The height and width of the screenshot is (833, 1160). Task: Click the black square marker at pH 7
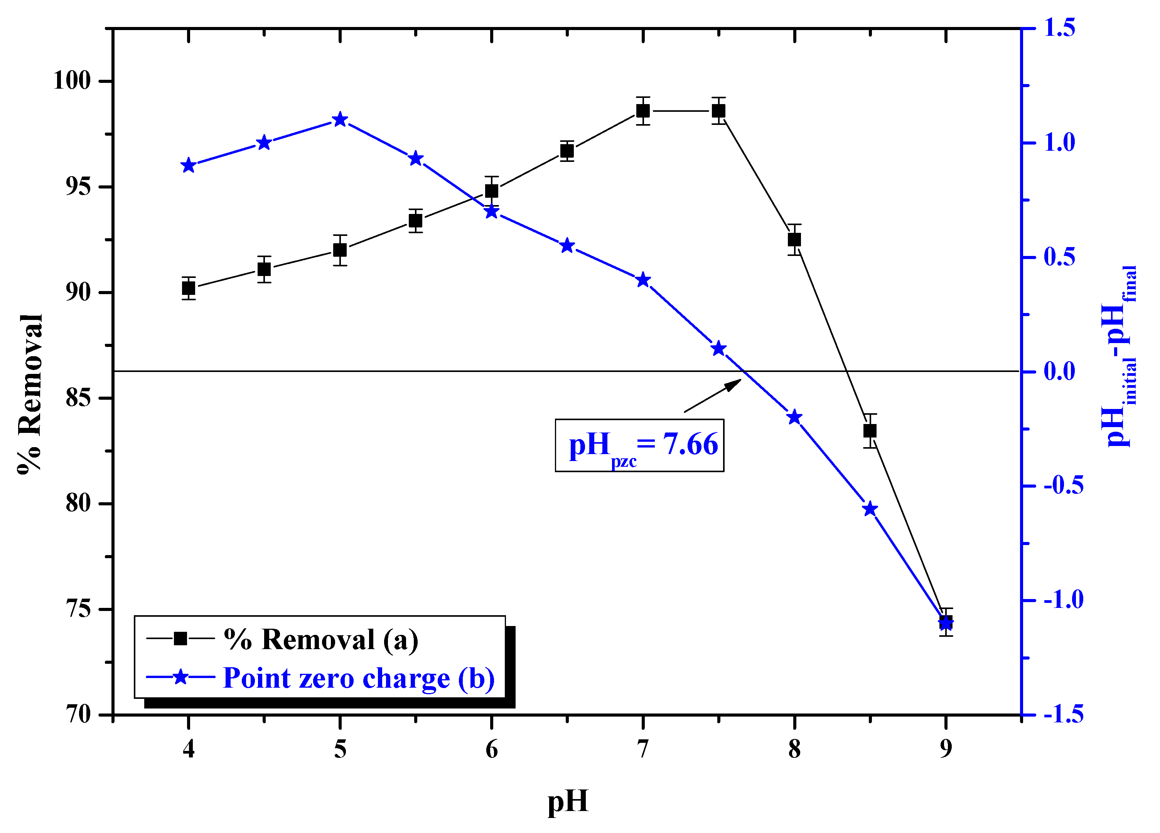point(643,111)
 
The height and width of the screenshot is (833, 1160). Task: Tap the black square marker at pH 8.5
point(870,431)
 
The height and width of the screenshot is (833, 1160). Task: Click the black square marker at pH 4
point(189,288)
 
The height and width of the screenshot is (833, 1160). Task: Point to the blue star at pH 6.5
point(567,246)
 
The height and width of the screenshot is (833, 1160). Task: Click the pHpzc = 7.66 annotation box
point(639,445)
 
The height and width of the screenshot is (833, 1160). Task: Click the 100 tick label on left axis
point(72,81)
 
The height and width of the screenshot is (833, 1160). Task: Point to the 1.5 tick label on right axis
point(1059,28)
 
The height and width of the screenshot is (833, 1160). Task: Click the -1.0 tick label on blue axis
point(1063,600)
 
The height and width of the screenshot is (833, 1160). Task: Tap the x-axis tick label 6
point(492,750)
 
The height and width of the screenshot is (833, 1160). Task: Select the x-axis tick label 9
point(946,750)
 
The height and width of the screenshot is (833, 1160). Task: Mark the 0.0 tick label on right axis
point(1059,371)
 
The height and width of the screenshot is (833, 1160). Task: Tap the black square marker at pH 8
point(794,240)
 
